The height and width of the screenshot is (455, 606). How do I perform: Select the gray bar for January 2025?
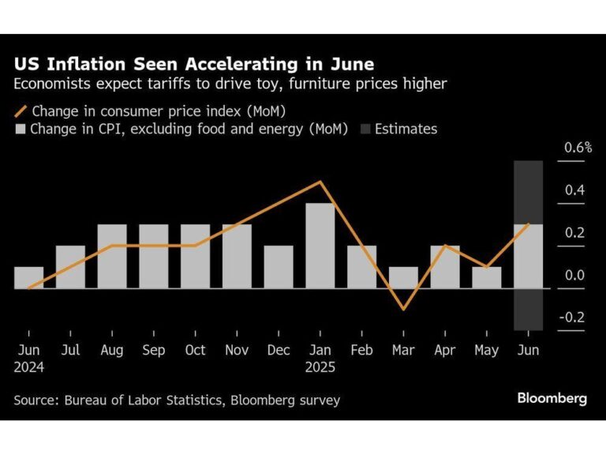pyautogui.click(x=320, y=246)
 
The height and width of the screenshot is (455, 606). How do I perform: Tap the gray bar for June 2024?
pyautogui.click(x=28, y=277)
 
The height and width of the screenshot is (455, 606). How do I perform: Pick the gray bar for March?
pyautogui.click(x=403, y=277)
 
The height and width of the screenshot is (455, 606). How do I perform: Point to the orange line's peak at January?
pyautogui.click(x=320, y=182)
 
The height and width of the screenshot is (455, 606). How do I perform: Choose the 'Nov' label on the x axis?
pyautogui.click(x=237, y=350)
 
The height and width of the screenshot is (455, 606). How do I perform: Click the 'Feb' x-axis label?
pyautogui.click(x=362, y=350)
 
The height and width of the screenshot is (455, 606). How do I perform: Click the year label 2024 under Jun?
pyautogui.click(x=28, y=367)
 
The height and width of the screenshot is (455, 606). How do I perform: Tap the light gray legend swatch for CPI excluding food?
pyautogui.click(x=21, y=128)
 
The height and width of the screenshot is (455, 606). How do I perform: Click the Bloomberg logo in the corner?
pyautogui.click(x=552, y=399)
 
